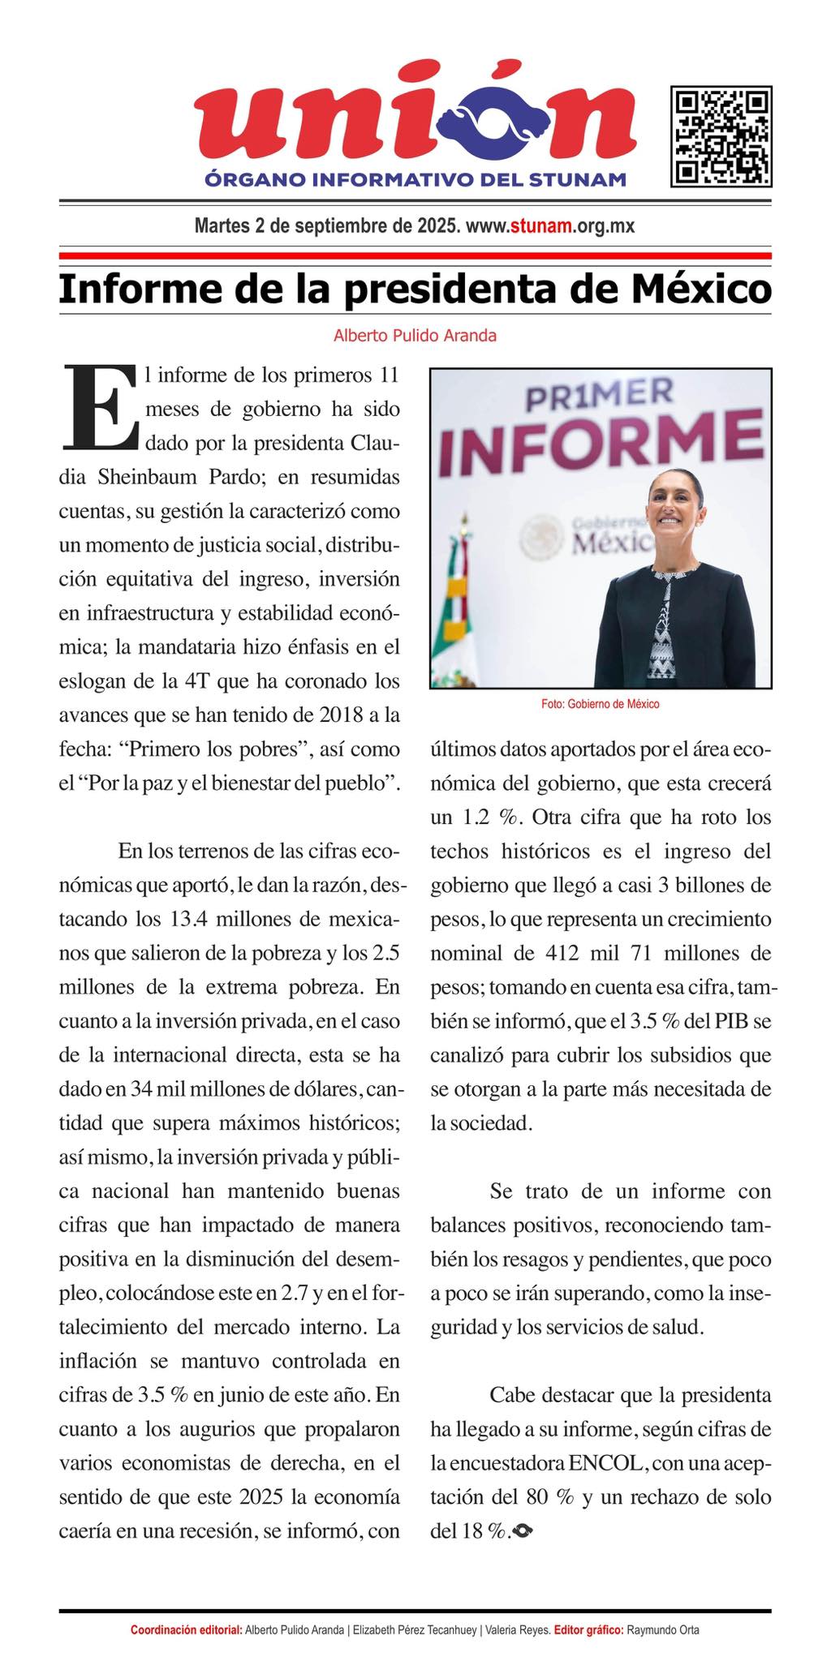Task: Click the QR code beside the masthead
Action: pyautogui.click(x=721, y=136)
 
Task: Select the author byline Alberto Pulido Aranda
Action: pyautogui.click(x=415, y=335)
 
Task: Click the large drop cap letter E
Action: pyautogui.click(x=98, y=408)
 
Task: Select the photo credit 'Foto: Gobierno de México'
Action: pyautogui.click(x=600, y=704)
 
